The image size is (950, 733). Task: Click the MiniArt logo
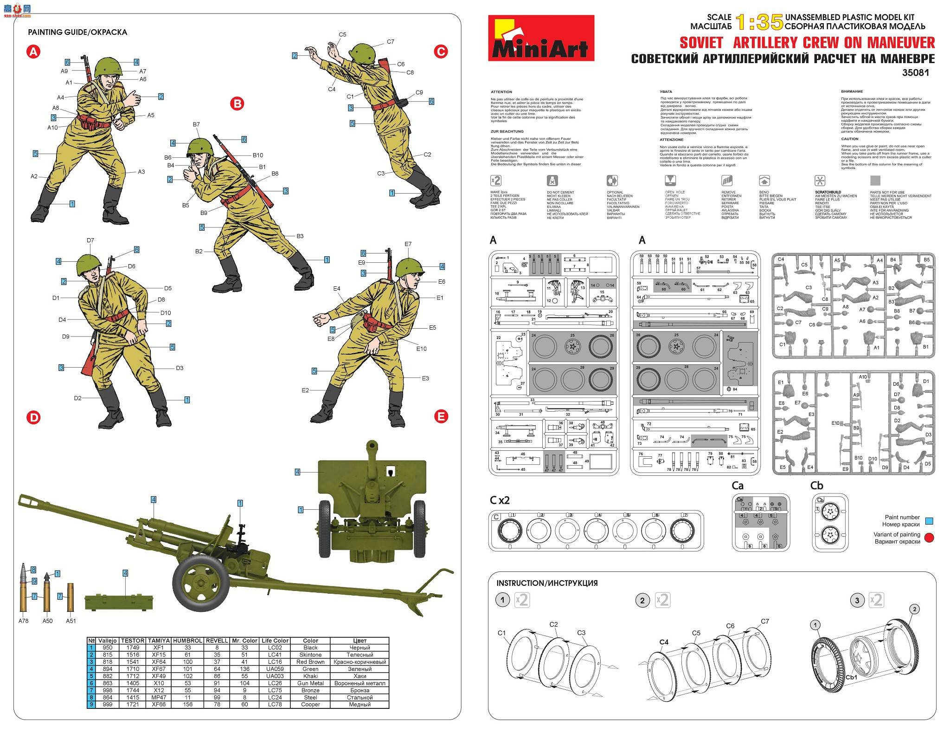[x=541, y=38]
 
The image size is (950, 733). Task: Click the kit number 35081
[x=915, y=73]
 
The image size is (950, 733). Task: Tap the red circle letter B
[x=237, y=104]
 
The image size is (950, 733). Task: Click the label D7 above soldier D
[x=90, y=240]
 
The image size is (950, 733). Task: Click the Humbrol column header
[x=187, y=641]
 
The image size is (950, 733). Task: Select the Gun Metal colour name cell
[x=310, y=683]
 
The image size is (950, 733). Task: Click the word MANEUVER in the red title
[x=901, y=43]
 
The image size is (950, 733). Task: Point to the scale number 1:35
[x=759, y=22]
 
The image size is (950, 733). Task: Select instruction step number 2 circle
[x=642, y=601]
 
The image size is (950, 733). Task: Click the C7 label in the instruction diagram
[x=765, y=622]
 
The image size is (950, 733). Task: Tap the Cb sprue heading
[x=816, y=486]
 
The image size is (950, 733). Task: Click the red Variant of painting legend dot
[x=929, y=538]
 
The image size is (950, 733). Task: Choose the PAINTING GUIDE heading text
[x=58, y=32]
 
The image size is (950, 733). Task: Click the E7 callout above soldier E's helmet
[x=408, y=244]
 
